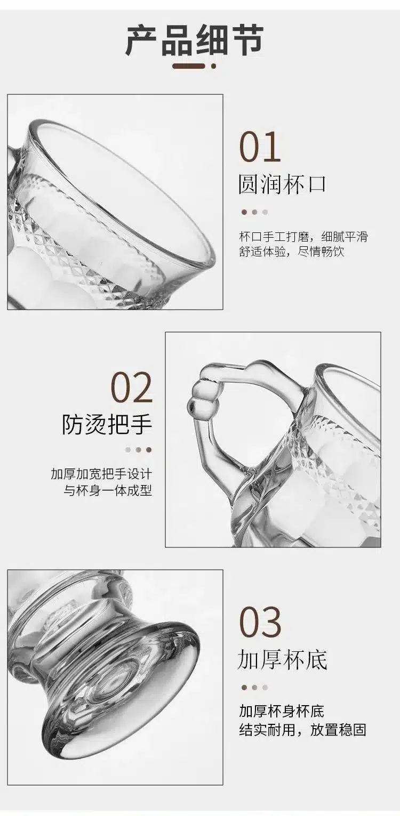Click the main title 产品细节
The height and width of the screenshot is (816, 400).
195,41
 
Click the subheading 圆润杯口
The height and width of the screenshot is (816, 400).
282,184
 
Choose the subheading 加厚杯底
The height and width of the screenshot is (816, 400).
282,660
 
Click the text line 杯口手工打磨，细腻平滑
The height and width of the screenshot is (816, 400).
303,237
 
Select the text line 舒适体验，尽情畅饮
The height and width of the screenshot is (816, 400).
292,252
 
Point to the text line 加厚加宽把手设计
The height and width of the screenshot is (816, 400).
101,475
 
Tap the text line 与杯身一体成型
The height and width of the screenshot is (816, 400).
108,490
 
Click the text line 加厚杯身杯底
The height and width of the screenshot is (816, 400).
282,712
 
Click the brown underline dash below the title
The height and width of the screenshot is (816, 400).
188,66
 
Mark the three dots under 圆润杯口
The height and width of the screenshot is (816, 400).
254,212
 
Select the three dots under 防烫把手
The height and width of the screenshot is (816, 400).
138,450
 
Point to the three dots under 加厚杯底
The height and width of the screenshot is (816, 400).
254,688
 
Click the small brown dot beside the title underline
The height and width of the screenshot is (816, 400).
214,66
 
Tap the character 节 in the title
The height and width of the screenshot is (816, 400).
247,41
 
